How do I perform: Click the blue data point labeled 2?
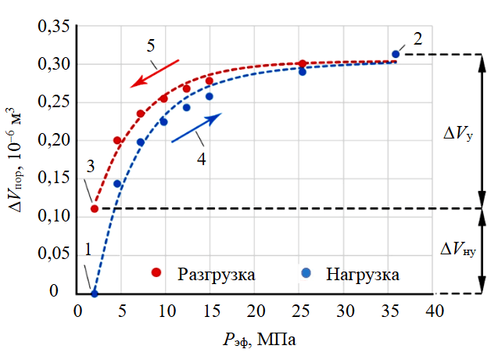(396, 54)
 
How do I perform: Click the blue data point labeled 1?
(95, 293)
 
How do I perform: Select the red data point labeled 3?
(95, 208)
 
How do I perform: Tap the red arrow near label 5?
(155, 71)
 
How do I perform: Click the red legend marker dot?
(156, 273)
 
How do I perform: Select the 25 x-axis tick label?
(299, 311)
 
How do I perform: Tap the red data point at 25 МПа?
(303, 63)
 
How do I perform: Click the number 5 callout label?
(150, 44)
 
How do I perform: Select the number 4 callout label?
(200, 157)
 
